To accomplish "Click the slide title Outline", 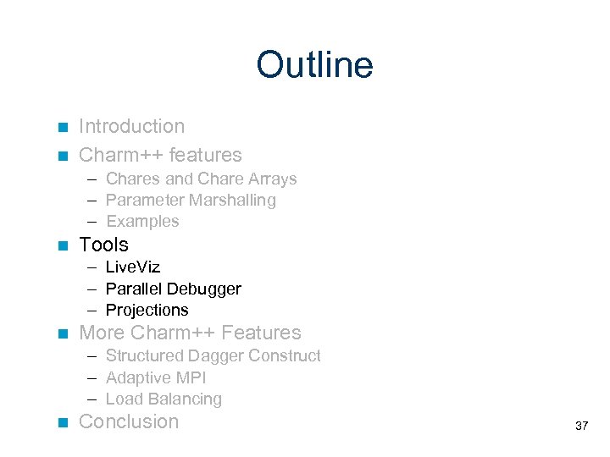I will pyautogui.click(x=314, y=65).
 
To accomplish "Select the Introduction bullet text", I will pyautogui.click(x=131, y=127).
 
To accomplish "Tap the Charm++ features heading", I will pyautogui.click(x=160, y=155).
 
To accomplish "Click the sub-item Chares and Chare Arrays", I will pyautogui.click(x=201, y=179).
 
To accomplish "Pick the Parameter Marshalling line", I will pyautogui.click(x=191, y=201).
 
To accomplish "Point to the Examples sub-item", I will pyautogui.click(x=142, y=222).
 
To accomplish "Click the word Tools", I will pyautogui.click(x=103, y=245).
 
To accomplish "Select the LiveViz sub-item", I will pyautogui.click(x=133, y=267).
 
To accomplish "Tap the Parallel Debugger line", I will pyautogui.click(x=173, y=289).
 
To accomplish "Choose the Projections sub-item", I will pyautogui.click(x=147, y=311).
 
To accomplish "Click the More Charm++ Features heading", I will pyautogui.click(x=190, y=333).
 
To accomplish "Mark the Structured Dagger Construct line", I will pyautogui.click(x=213, y=356).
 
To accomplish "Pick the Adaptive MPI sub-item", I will pyautogui.click(x=156, y=378).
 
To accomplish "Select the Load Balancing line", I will pyautogui.click(x=164, y=399).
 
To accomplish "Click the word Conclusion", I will pyautogui.click(x=129, y=422).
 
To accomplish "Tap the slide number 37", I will pyautogui.click(x=581, y=426).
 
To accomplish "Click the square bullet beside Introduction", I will pyautogui.click(x=61, y=128).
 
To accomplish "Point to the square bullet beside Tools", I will pyautogui.click(x=61, y=246).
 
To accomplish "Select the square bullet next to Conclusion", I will pyautogui.click(x=61, y=423).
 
